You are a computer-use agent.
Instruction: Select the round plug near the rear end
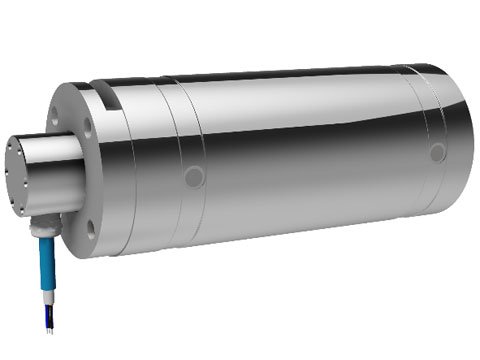coord(437,153)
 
